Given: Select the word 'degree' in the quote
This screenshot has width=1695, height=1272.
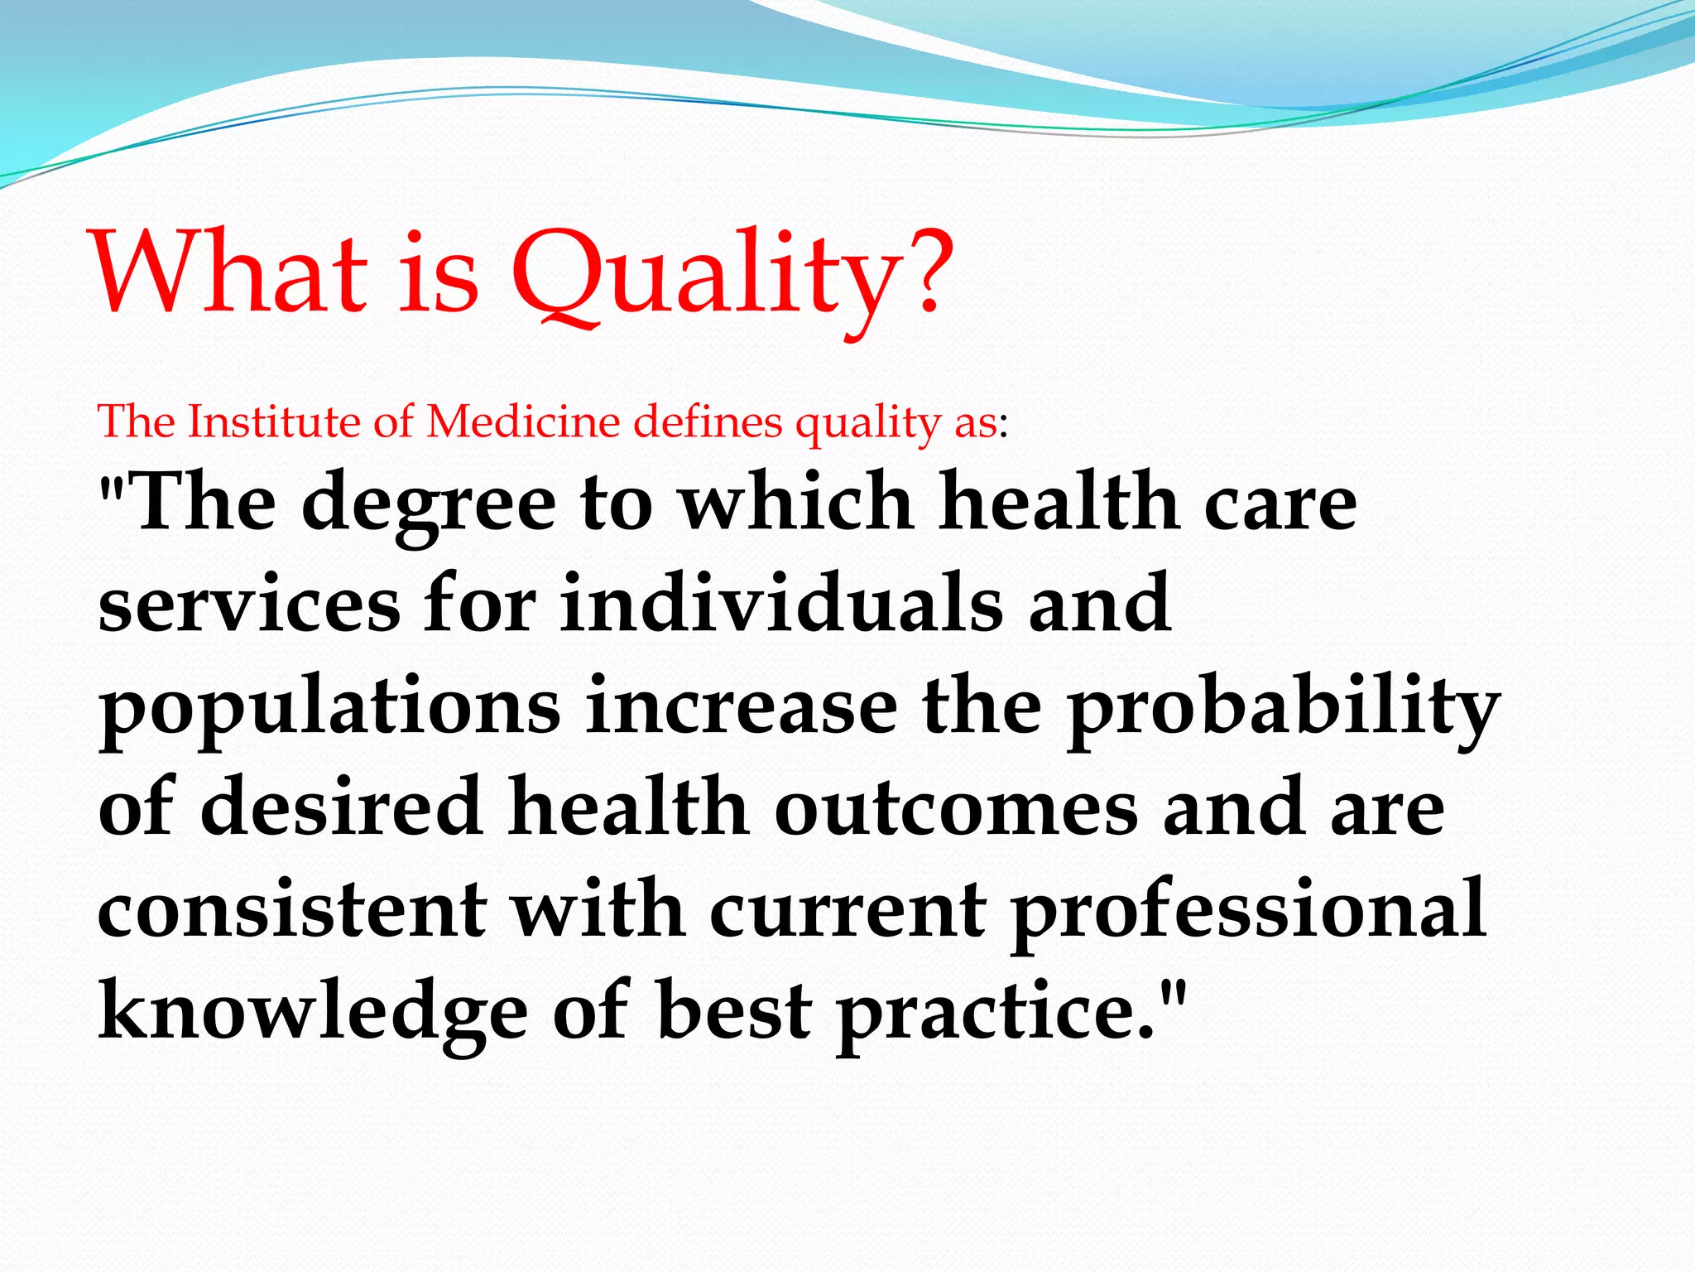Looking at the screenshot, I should click(429, 505).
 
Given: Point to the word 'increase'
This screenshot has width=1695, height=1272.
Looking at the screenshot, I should click(742, 707).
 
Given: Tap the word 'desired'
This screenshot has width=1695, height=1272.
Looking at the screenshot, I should click(341, 807).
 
